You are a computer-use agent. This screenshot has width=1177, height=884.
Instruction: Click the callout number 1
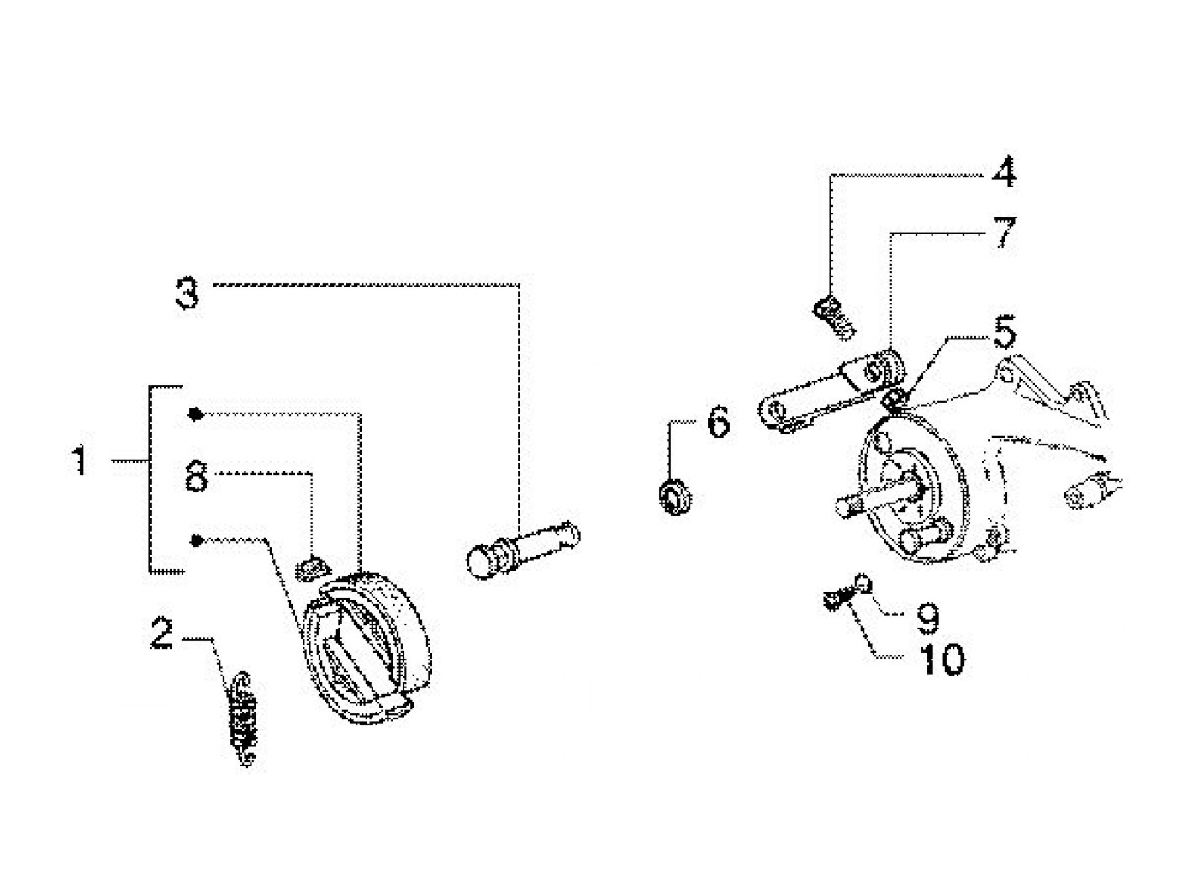(x=80, y=460)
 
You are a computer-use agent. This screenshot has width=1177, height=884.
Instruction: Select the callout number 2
(x=162, y=633)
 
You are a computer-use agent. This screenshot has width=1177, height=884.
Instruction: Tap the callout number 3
(x=187, y=293)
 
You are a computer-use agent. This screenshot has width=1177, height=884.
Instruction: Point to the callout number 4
(x=1003, y=172)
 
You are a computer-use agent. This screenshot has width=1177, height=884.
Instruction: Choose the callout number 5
(x=1004, y=332)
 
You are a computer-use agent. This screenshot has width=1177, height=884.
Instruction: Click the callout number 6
(x=719, y=422)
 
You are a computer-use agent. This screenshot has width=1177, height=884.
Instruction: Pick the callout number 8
(x=196, y=476)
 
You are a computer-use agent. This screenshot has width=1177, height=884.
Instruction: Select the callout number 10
(x=942, y=660)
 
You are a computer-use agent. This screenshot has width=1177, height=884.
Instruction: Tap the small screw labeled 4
(x=834, y=318)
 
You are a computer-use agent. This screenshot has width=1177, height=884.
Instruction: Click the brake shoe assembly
(x=367, y=647)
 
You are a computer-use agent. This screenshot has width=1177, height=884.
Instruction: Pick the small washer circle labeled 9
(x=863, y=583)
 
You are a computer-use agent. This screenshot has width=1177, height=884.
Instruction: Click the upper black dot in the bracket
(x=196, y=413)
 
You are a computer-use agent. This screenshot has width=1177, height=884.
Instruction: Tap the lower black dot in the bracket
(x=197, y=540)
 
